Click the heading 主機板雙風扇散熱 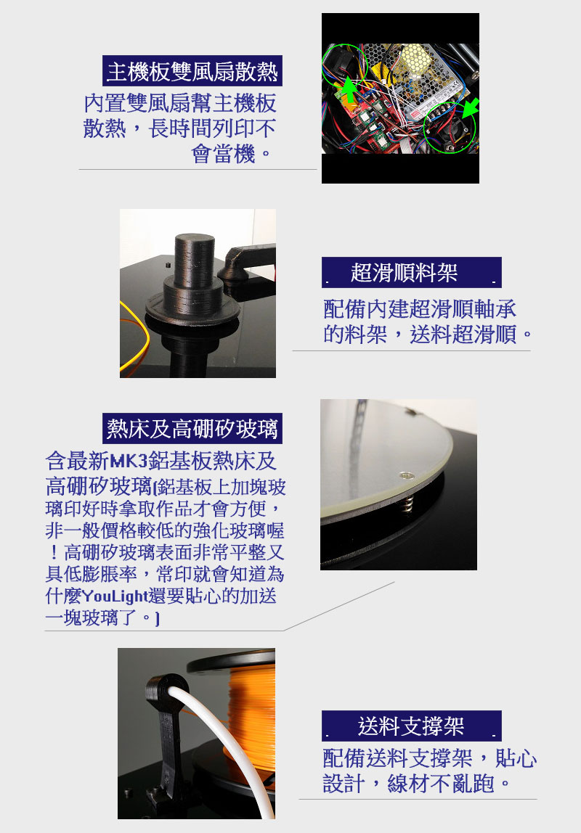(x=192, y=71)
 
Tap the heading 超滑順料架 (x=404, y=273)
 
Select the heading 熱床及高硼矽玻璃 (x=192, y=429)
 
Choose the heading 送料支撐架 (x=411, y=726)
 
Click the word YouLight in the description (x=115, y=596)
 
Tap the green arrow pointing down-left (x=469, y=108)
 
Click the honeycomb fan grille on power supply (x=415, y=59)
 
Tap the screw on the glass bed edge (x=406, y=475)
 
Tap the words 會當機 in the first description (x=223, y=154)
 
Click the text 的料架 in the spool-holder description (x=355, y=335)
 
